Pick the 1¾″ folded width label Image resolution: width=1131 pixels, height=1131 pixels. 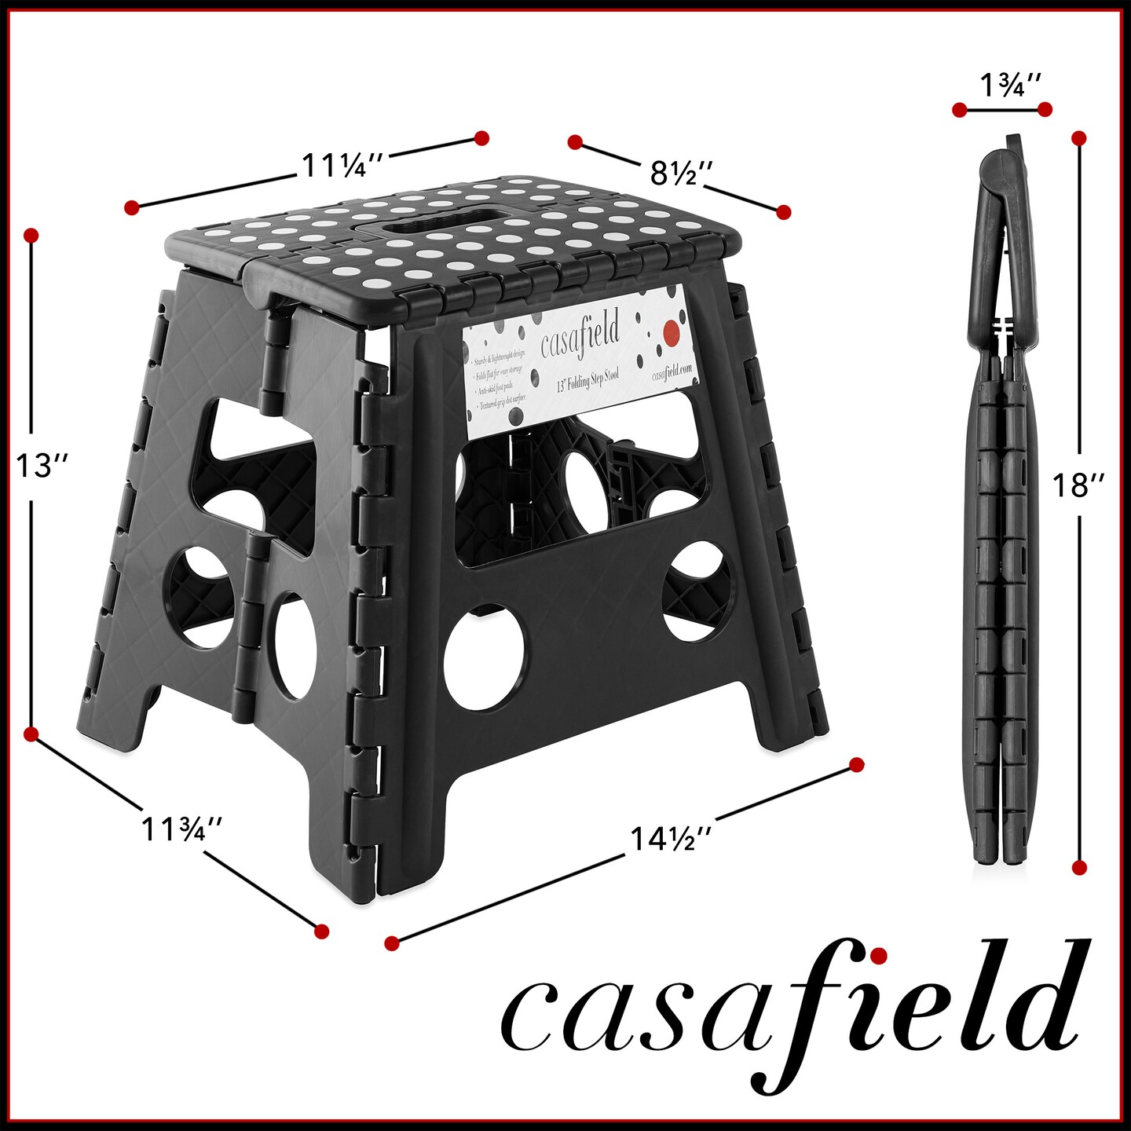(x=1010, y=83)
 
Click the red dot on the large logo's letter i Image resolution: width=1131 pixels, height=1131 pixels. (x=879, y=955)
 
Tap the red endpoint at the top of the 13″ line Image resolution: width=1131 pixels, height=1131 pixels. (x=31, y=236)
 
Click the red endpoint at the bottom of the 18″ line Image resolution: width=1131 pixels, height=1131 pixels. (x=1079, y=868)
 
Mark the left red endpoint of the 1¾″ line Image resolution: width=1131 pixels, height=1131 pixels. (x=959, y=110)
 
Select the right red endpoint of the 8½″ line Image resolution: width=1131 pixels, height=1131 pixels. (x=783, y=212)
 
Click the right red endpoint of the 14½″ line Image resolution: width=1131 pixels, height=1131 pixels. (x=857, y=765)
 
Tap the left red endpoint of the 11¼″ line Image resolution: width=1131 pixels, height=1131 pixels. (x=131, y=207)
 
